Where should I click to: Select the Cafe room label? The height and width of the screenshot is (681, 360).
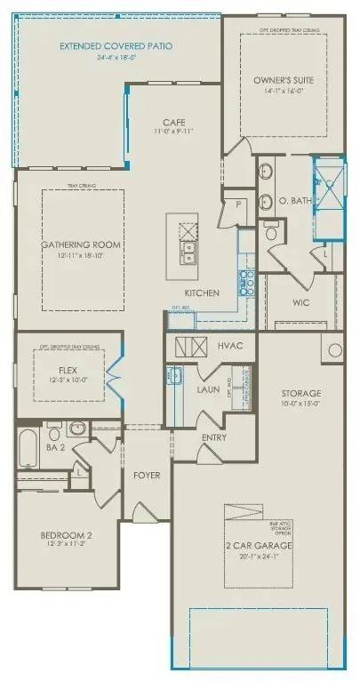(x=173, y=122)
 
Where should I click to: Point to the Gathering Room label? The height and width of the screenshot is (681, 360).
(x=81, y=244)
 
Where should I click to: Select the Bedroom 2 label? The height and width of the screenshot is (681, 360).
(x=67, y=535)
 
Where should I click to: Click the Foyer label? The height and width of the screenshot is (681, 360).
(x=148, y=476)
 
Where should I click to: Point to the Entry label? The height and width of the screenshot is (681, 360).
(x=214, y=437)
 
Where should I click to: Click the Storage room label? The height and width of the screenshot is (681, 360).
(x=301, y=393)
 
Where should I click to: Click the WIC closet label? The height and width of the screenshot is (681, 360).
(x=300, y=302)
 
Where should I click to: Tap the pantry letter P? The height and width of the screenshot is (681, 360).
(x=238, y=204)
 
